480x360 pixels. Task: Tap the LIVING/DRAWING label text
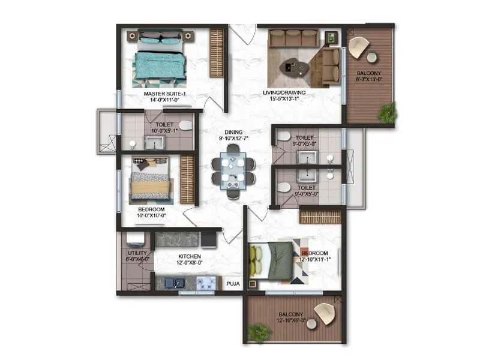(x=284, y=92)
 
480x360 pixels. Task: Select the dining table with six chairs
(x=232, y=172)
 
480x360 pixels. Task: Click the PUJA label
(x=232, y=280)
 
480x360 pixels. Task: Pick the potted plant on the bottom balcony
(x=259, y=332)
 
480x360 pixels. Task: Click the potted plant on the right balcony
(x=387, y=112)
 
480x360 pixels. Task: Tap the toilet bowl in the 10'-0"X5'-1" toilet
(x=185, y=126)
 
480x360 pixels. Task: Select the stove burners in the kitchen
(x=206, y=283)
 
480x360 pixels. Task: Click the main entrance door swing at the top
(x=242, y=34)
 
